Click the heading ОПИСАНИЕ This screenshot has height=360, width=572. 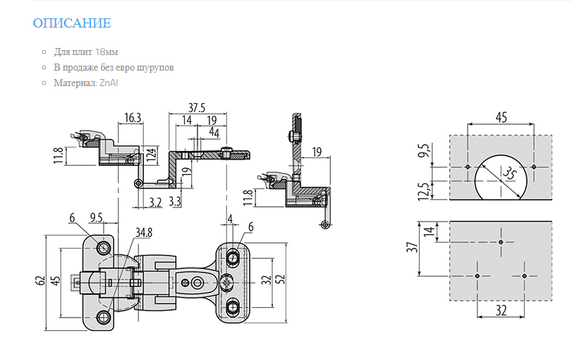coord(72,23)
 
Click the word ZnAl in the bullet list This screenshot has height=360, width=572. coord(109,83)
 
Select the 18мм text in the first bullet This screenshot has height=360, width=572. coord(107,52)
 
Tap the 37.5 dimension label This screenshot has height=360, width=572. coord(197,108)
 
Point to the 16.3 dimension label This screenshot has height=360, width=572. coord(133,118)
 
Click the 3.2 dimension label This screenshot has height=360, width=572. coord(155,202)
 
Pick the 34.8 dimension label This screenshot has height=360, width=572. coord(144,232)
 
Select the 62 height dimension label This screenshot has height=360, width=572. coord(41,280)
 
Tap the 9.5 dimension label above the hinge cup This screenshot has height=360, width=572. coord(97,217)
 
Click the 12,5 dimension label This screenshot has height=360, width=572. coord(423,191)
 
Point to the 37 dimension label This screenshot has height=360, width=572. coord(412,248)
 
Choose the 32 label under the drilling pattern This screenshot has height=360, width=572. coord(501,311)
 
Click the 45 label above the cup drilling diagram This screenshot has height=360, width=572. coord(501,117)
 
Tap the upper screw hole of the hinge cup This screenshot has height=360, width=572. coord(103,248)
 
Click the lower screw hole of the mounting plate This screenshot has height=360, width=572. coord(232,308)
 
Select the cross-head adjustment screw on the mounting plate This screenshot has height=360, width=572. coord(227,283)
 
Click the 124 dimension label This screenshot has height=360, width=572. coord(152,155)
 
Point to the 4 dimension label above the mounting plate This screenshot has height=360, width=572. coord(230,219)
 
